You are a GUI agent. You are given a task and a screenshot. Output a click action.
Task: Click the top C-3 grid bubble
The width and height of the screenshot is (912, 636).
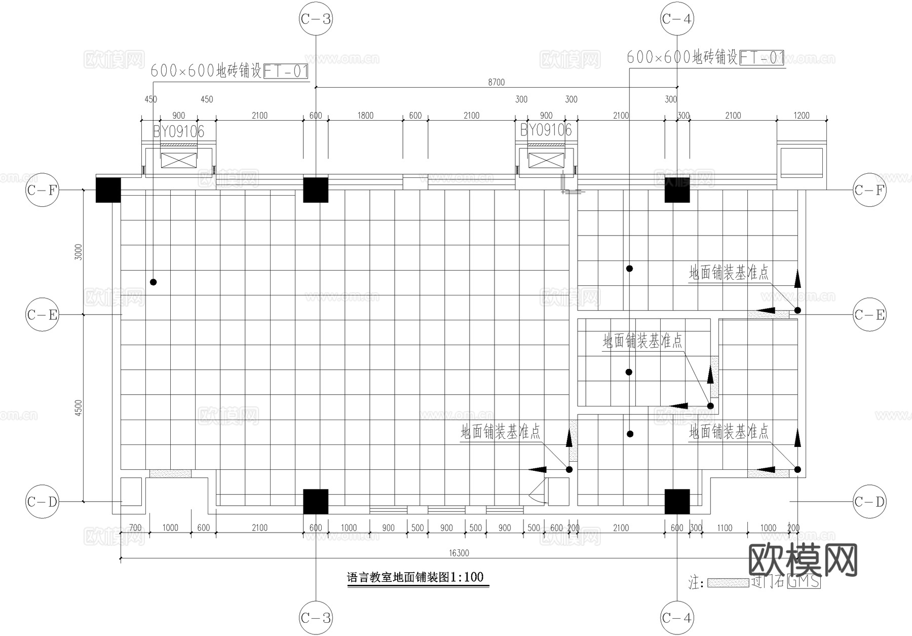coord(316,19)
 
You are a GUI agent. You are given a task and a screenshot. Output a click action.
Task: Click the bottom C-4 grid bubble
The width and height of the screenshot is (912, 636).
coord(677,618)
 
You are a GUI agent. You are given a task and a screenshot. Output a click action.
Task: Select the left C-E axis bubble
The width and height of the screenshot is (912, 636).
coord(42,315)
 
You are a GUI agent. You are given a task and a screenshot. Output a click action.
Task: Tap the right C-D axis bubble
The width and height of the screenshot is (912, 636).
coord(869,502)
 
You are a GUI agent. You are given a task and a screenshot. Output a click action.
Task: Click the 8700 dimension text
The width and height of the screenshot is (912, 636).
coord(496,82)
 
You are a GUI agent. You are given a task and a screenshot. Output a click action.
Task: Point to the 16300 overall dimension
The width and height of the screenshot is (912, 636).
coord(459,553)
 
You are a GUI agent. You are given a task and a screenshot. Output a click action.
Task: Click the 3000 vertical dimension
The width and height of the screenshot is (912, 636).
coord(78,252)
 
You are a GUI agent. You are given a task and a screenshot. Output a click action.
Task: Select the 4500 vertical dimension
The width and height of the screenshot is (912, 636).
coord(78,408)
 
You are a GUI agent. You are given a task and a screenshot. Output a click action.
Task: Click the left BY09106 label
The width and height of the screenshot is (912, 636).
coord(178,132)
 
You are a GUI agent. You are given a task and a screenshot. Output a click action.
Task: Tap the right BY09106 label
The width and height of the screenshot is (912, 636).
coord(546,131)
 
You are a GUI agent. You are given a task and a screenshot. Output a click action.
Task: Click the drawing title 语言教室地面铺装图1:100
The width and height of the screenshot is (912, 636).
coord(415,577)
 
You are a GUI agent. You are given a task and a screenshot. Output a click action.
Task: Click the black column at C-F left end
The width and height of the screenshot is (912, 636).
coord(108,190)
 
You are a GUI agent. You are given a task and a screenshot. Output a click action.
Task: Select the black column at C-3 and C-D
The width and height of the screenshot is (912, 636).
coord(316,502)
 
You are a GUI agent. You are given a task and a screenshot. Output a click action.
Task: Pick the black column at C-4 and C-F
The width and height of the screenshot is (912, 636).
coord(677,190)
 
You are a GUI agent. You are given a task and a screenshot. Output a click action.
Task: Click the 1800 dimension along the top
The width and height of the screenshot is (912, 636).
coord(365,116)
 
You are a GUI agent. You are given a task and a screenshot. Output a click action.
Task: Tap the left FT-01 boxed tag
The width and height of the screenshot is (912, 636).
coord(286,71)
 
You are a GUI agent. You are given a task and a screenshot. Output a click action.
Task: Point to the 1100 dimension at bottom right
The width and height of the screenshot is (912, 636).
coord(725,528)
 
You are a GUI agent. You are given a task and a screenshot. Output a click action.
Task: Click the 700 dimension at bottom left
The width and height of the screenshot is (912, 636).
coord(135,528)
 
